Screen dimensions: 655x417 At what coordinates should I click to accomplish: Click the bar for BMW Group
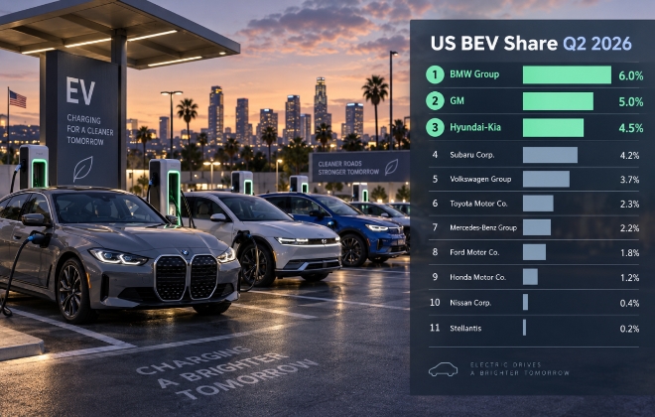pyautogui.click(x=567, y=74)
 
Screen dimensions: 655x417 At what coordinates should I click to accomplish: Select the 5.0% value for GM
pyautogui.click(x=631, y=101)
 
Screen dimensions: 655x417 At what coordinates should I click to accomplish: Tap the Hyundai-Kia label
pyautogui.click(x=475, y=127)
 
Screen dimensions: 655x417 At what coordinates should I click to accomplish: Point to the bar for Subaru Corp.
pyautogui.click(x=550, y=155)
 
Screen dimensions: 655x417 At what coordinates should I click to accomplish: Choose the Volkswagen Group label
pyautogui.click(x=480, y=180)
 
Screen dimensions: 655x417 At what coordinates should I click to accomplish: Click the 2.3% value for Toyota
pyautogui.click(x=629, y=204)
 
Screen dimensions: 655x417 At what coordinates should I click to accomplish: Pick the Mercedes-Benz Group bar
pyautogui.click(x=537, y=227)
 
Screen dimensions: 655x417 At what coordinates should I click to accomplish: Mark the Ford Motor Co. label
pyautogui.click(x=474, y=252)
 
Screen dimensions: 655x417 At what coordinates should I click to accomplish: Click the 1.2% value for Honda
pyautogui.click(x=629, y=277)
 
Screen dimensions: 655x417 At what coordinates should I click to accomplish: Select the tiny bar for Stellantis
pyautogui.click(x=524, y=328)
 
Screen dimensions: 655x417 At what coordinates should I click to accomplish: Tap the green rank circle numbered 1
pyautogui.click(x=435, y=74)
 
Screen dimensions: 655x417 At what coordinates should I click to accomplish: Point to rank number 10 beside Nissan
pyautogui.click(x=435, y=302)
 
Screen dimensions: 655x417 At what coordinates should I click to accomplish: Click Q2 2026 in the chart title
pyautogui.click(x=597, y=44)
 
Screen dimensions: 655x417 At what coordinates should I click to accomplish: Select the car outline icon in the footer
pyautogui.click(x=444, y=369)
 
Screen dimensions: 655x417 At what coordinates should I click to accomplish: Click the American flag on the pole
pyautogui.click(x=18, y=99)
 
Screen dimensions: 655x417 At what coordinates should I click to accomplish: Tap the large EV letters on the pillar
pyautogui.click(x=80, y=90)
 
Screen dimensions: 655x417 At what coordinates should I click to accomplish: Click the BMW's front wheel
pyautogui.click(x=73, y=290)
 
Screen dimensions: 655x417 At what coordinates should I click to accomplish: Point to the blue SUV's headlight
pyautogui.click(x=377, y=227)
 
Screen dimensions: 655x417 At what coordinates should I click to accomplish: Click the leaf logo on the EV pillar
pyautogui.click(x=82, y=169)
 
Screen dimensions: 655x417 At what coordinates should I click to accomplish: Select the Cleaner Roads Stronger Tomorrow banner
pyautogui.click(x=359, y=167)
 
